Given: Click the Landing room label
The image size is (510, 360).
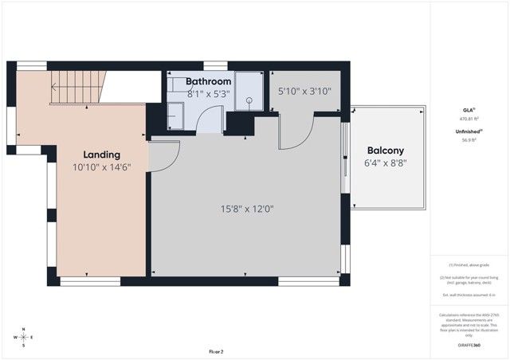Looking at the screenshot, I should [x=102, y=155].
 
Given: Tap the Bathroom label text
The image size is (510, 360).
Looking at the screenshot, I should [x=209, y=81].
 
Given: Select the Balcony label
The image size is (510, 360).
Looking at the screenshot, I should [x=386, y=151].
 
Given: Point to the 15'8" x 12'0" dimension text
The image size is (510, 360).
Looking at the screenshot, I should [x=248, y=209].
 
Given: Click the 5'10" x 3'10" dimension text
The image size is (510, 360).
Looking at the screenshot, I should [x=304, y=92].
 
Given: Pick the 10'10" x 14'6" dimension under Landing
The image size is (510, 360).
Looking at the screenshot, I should [x=102, y=168].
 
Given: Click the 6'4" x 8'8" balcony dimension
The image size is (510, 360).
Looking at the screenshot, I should [x=386, y=164].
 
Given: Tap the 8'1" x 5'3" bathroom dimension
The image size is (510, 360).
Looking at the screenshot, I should [x=209, y=93].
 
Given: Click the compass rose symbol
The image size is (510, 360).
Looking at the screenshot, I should [x=24, y=337].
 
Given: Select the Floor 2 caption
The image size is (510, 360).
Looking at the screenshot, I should [x=216, y=351].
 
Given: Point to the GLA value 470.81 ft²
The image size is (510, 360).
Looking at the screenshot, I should [x=469, y=119].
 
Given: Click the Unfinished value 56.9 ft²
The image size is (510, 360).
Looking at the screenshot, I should [x=469, y=139].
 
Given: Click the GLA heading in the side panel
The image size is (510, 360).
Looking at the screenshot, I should [x=469, y=110].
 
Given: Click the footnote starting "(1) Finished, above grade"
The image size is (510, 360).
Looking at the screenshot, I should [x=469, y=264].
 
